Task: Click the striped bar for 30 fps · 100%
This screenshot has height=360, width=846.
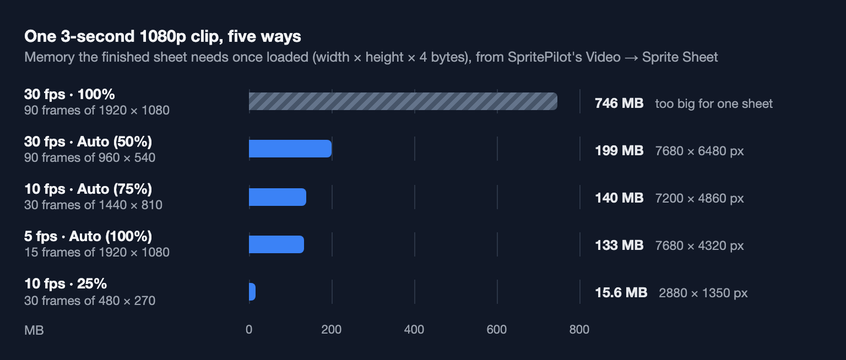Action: point(403,101)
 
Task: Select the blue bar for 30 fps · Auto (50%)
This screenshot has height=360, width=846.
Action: point(290,149)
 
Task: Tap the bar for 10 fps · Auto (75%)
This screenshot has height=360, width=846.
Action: point(278,197)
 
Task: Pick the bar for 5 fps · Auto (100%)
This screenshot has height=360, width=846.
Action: point(276,244)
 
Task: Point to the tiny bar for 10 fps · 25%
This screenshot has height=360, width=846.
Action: point(252,292)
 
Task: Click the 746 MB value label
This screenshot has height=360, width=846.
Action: point(619,103)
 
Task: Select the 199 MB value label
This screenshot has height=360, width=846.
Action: point(619,151)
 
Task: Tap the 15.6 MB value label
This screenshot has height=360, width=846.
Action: point(621,292)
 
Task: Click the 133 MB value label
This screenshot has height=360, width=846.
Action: point(619,246)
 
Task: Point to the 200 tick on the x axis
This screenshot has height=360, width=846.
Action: point(331,329)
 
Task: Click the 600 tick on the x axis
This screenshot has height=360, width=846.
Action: point(497,329)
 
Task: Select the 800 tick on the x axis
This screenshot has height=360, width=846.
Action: point(579,329)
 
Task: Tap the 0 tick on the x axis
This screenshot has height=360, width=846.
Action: point(249,329)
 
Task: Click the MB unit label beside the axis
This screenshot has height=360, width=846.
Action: point(34,330)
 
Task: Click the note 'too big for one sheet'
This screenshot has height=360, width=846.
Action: point(714,103)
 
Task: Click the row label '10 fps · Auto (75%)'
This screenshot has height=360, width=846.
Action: point(88,189)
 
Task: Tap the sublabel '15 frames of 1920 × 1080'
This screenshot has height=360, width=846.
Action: point(97,252)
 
